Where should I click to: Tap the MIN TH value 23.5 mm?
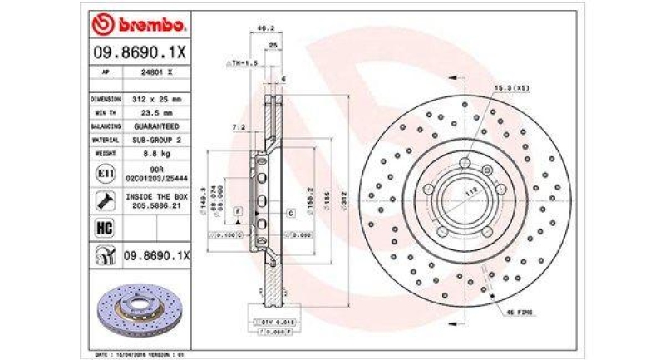pos(155,112)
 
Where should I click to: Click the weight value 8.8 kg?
pos(155,155)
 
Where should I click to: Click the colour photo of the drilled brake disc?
pos(137,308)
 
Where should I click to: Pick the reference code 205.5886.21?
pos(155,205)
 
